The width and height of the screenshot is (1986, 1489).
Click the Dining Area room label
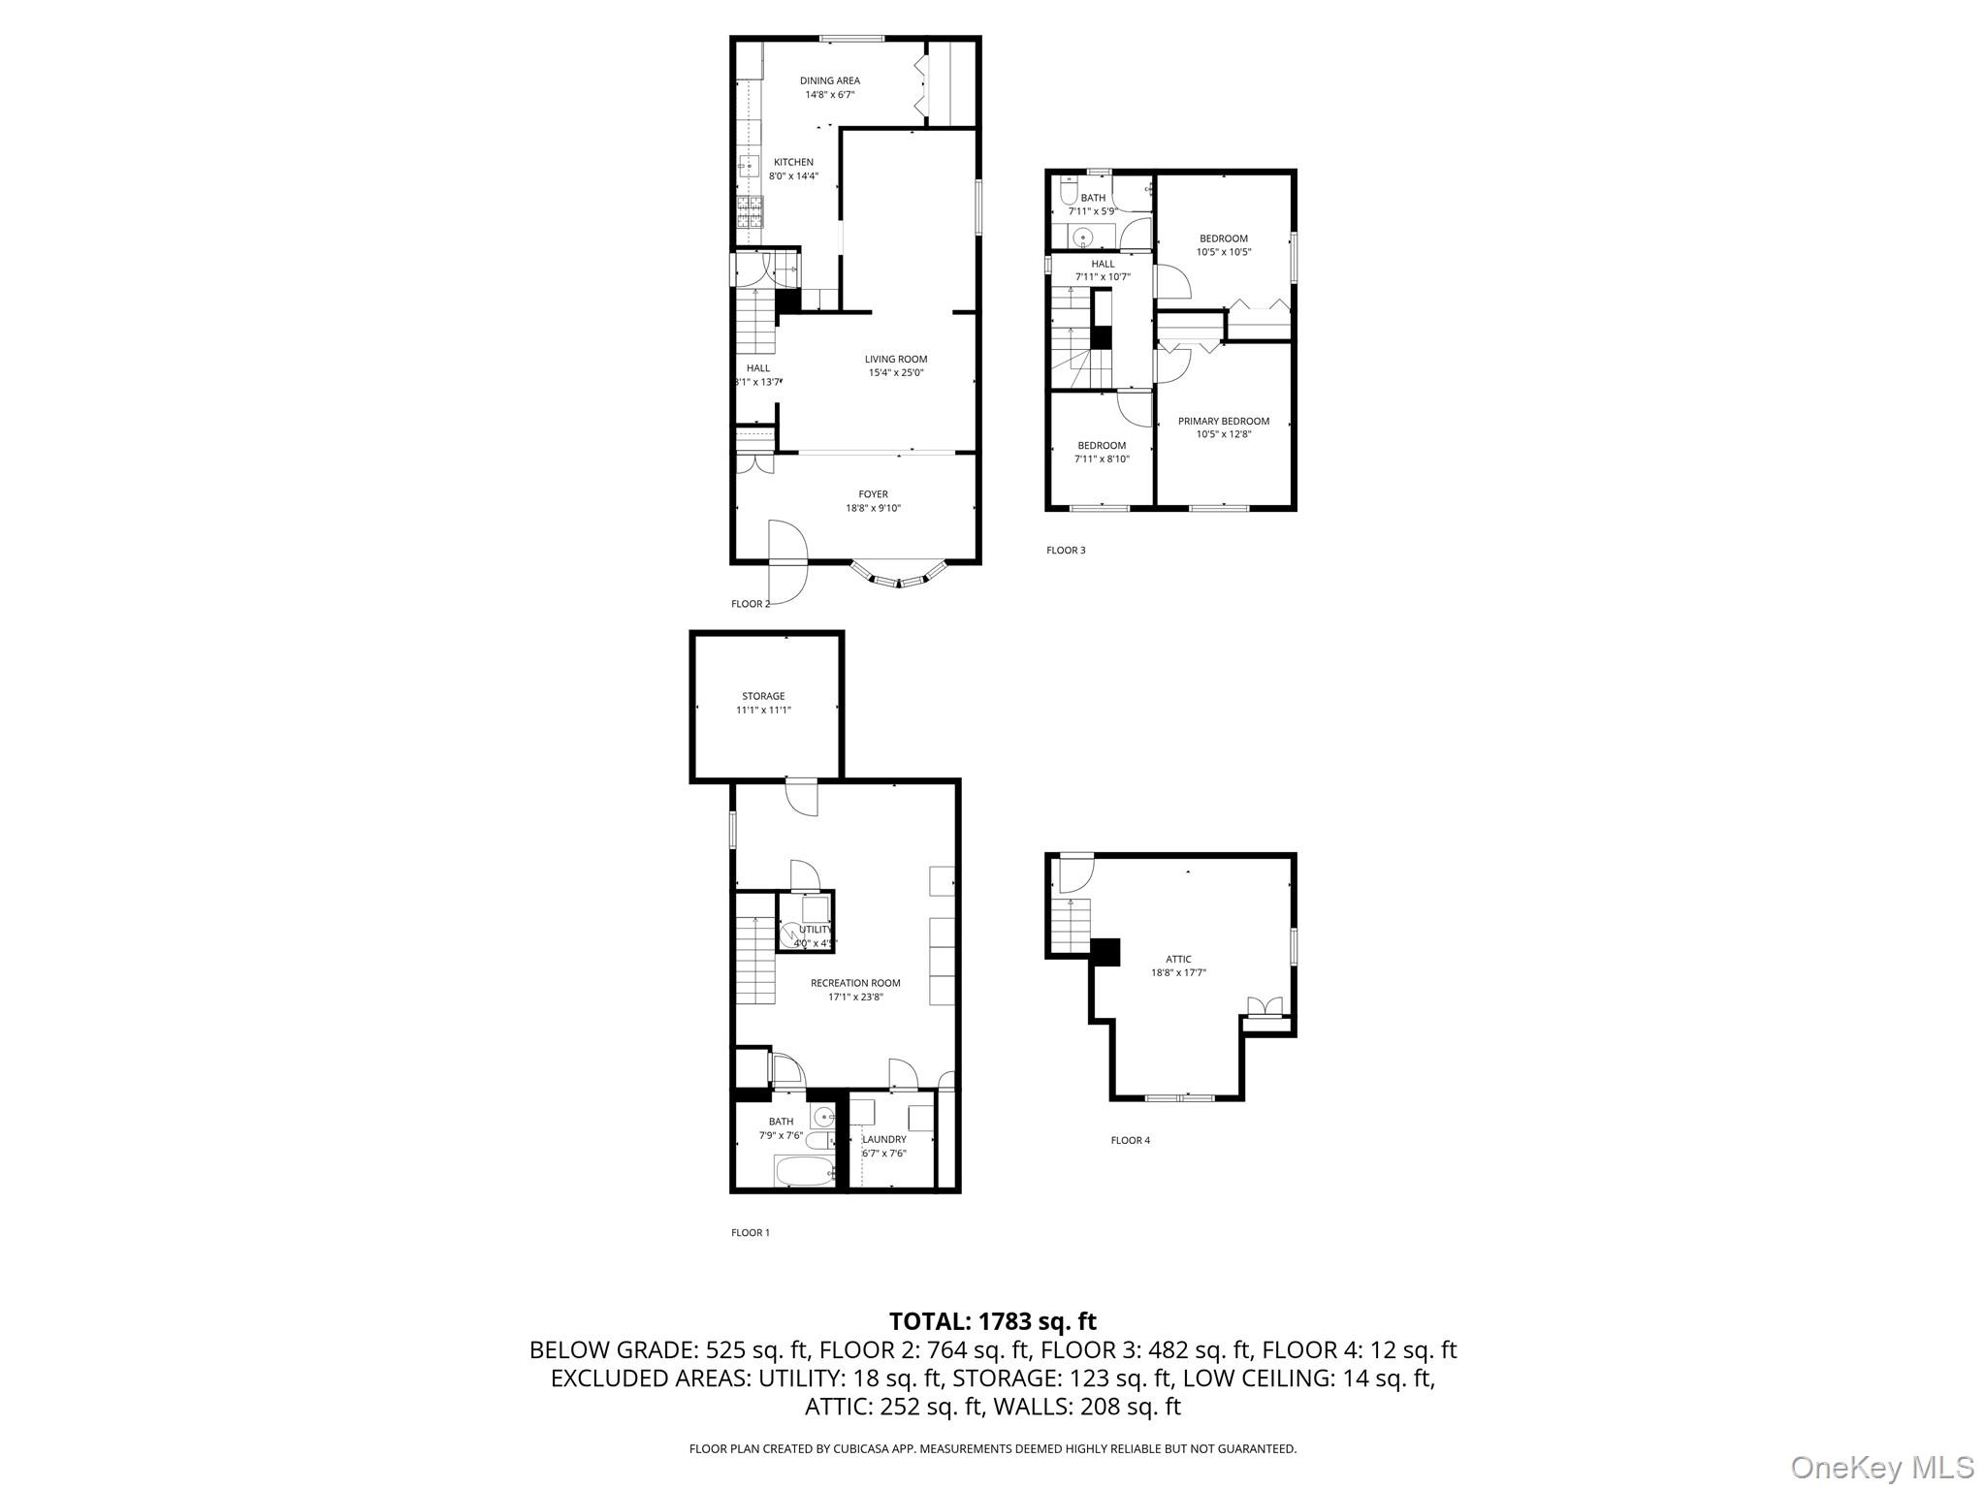(829, 80)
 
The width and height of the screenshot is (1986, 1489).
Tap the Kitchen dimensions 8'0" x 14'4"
(793, 176)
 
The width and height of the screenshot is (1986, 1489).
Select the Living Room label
(896, 360)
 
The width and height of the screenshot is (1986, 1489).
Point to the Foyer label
(873, 494)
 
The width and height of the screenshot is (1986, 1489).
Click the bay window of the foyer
(898, 579)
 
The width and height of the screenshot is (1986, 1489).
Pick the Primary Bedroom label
(1223, 422)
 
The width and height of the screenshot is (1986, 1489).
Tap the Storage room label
(763, 696)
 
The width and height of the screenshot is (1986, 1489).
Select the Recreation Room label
(855, 983)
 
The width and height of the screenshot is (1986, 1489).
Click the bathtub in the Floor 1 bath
(804, 1171)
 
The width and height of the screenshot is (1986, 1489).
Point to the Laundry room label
(884, 1140)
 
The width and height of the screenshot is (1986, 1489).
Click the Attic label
(1178, 960)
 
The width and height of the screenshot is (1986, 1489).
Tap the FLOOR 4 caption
(1130, 1141)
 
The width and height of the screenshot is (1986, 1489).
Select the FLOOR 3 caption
(1066, 551)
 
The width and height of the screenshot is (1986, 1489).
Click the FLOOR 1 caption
(750, 1233)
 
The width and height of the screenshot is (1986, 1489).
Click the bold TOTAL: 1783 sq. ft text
(992, 1321)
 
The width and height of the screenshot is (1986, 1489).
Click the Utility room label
(815, 930)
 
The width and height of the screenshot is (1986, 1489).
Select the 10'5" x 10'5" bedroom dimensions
(1223, 252)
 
